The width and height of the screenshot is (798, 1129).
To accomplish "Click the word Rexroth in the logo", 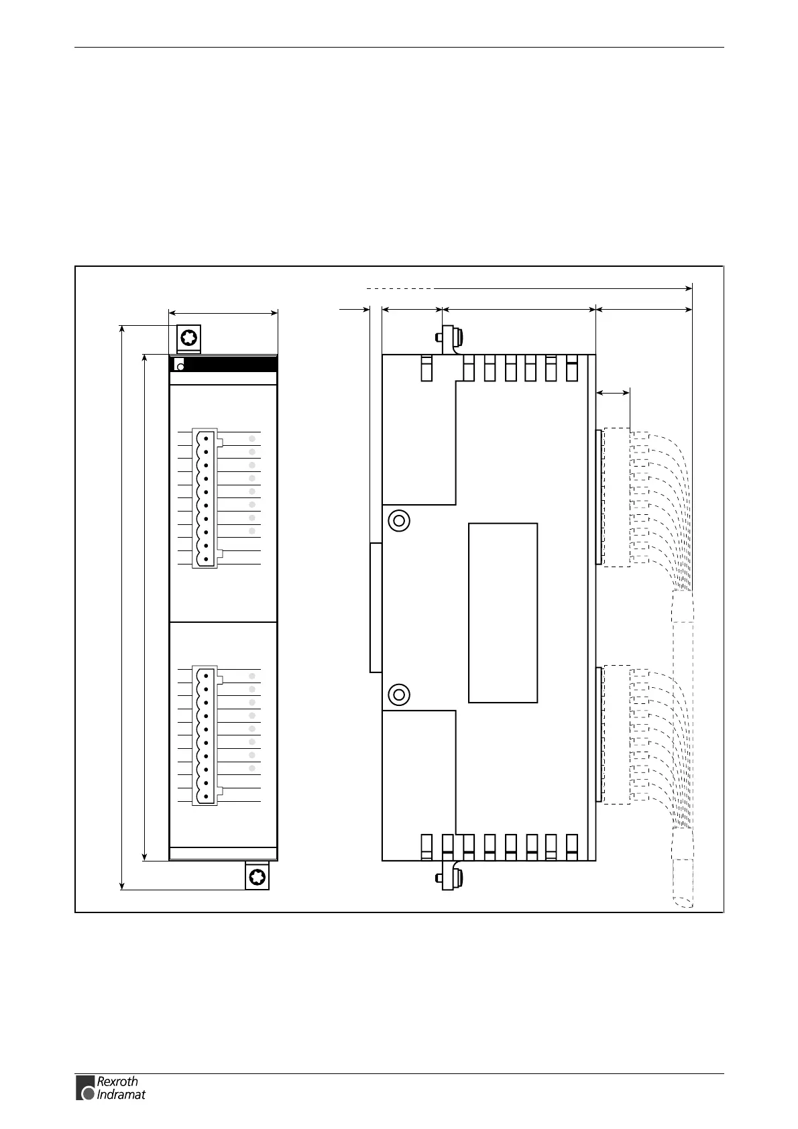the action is coord(117,1081).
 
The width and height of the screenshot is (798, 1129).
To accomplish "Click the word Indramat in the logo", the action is coord(121,1095).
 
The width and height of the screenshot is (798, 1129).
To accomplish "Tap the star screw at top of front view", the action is coord(190,337).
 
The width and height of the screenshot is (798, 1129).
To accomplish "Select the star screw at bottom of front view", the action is coord(257,877).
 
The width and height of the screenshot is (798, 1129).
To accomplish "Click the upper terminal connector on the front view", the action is coord(205,498).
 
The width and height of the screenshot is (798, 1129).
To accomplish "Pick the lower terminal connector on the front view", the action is coord(205,735).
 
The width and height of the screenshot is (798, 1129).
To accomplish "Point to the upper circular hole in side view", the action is coord(399,520).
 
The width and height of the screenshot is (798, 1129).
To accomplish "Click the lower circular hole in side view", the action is coord(399,694).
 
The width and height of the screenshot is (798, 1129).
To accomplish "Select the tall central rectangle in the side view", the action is coord(503,613).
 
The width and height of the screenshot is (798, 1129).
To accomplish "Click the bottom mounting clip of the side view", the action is coord(449,876).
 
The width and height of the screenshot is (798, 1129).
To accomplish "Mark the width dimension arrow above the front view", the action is coord(223,312).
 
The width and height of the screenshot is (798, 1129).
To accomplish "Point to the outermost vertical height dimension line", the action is coord(121,607).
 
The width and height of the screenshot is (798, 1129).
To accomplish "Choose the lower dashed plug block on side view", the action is coord(616,734).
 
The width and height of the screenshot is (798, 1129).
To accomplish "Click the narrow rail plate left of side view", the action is coord(376,607).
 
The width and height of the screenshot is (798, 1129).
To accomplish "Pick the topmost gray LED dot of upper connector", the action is coord(252,438).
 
